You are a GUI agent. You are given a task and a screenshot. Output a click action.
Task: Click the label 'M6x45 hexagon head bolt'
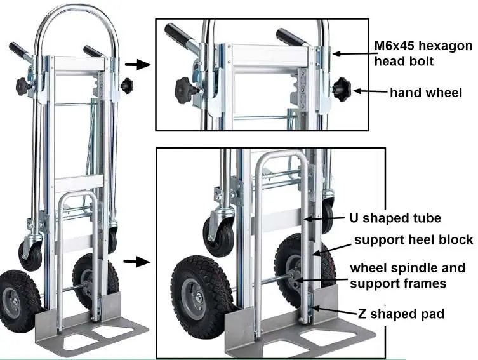423,53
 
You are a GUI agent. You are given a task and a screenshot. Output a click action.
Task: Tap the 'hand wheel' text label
426,93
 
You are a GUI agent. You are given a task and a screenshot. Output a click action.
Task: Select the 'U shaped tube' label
395,218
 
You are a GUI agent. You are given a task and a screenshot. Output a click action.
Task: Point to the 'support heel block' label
414,239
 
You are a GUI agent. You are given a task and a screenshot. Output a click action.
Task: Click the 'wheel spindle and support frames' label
408,276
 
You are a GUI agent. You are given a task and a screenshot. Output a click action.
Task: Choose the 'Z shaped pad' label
401,314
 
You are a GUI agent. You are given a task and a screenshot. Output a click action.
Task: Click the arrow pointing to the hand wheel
370,91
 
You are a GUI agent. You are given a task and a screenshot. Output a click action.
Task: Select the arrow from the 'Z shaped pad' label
335,310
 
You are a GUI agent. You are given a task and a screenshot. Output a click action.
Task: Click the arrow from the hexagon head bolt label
353,53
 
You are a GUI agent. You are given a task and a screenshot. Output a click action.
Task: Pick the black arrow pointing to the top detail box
138,64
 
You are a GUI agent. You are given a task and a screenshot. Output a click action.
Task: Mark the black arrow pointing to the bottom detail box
137,262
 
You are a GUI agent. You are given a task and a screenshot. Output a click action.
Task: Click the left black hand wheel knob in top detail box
184,90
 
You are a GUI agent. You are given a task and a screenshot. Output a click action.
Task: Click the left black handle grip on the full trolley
18,50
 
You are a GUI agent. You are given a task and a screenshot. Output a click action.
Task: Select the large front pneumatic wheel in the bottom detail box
201,298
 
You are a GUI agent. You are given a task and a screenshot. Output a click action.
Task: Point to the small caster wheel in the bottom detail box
219,236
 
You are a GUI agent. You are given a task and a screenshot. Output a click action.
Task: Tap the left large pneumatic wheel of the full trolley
19,300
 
